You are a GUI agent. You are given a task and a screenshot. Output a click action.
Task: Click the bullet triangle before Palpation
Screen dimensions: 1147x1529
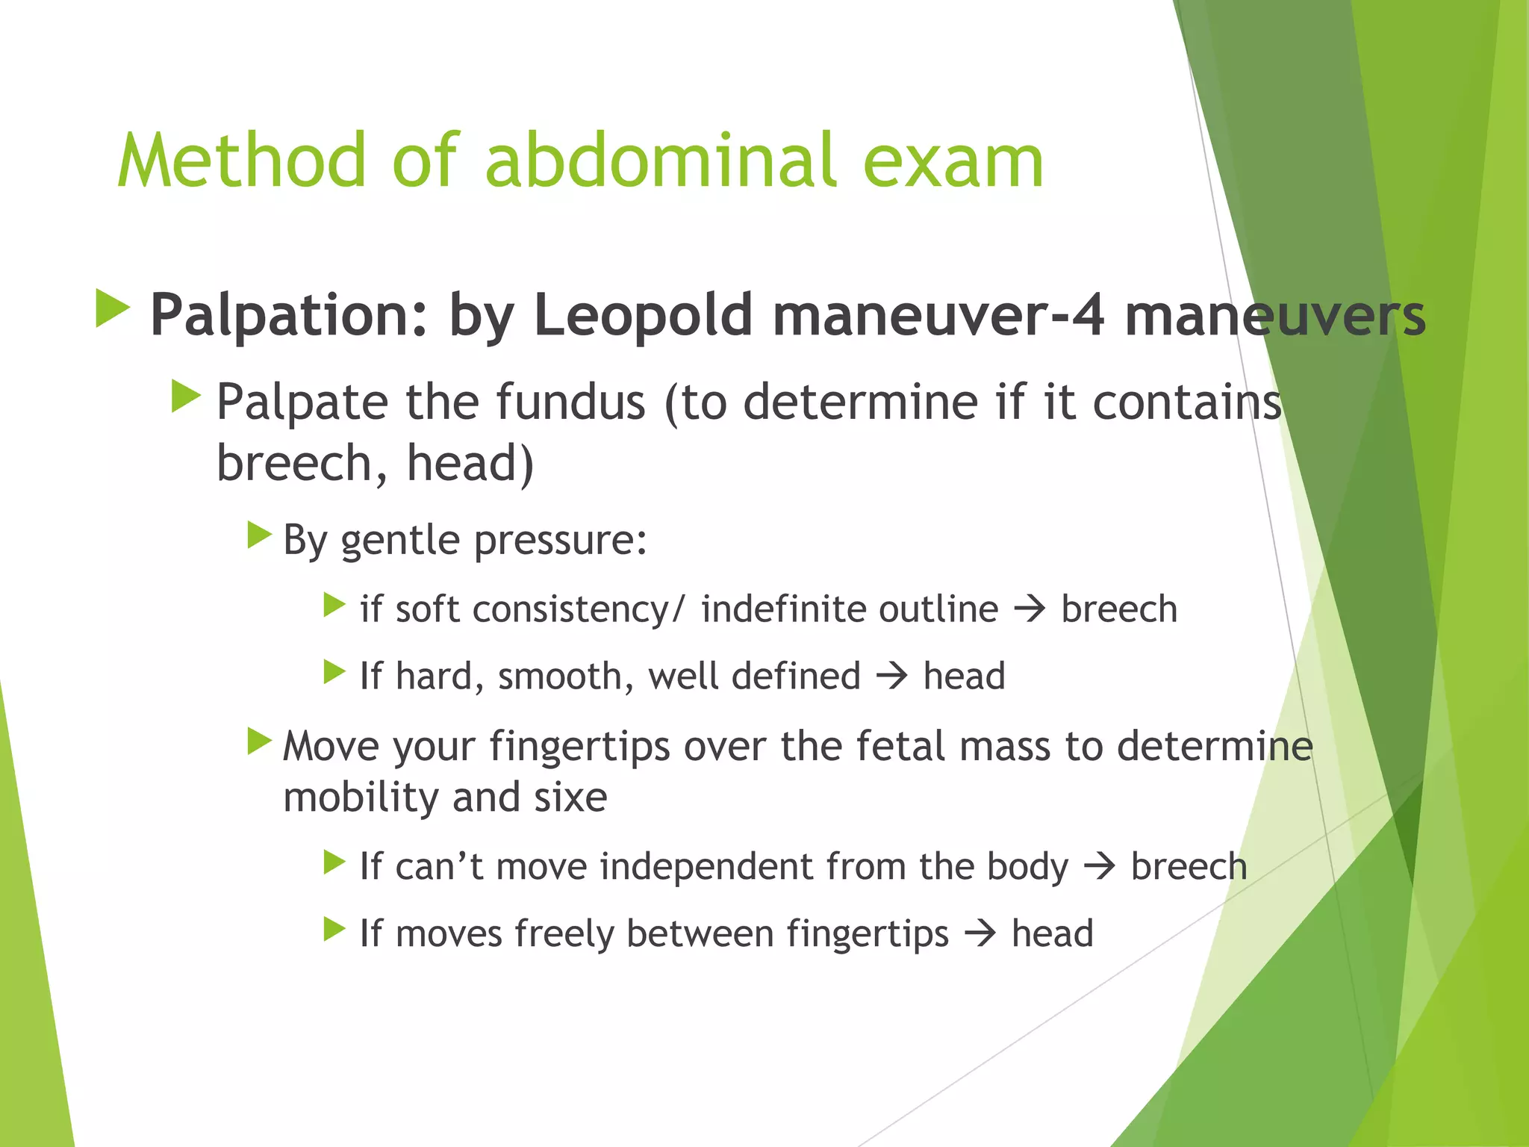coord(113,309)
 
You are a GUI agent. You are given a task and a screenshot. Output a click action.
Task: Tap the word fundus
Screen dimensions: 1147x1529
coord(570,402)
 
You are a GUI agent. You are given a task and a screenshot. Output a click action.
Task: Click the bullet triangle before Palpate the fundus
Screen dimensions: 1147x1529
coord(186,396)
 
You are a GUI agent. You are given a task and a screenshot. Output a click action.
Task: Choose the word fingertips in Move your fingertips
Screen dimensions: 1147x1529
coord(579,747)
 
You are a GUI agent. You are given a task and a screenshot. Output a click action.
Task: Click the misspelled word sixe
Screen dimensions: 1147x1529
coord(570,798)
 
